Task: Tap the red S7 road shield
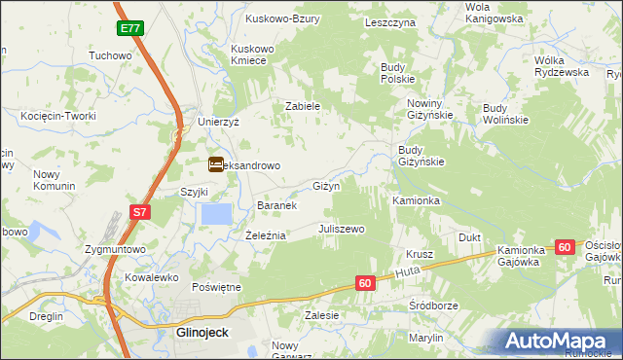[x=140, y=212]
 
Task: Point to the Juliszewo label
[x=341, y=229]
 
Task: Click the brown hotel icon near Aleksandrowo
[x=215, y=165]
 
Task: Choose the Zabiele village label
[x=303, y=107]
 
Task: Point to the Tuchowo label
[x=110, y=55]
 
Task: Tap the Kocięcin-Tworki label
[x=57, y=116]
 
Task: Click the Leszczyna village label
[x=389, y=21]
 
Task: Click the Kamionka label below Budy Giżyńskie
[x=417, y=200]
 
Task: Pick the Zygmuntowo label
[x=115, y=250]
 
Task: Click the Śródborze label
[x=433, y=305]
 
